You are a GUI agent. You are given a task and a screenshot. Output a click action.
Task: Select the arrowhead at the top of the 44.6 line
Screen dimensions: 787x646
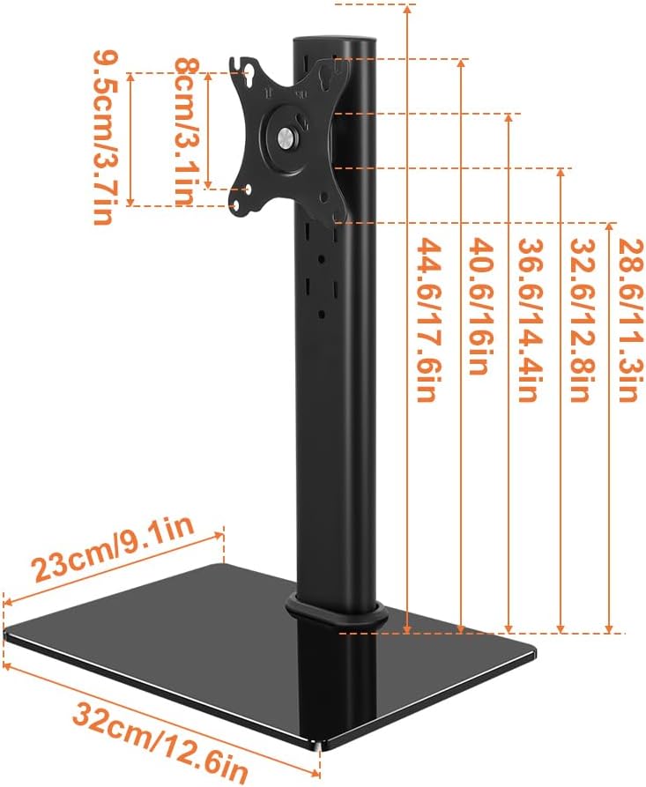407,8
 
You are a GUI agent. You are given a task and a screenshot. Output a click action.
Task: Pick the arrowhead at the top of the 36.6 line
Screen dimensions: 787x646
509,117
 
